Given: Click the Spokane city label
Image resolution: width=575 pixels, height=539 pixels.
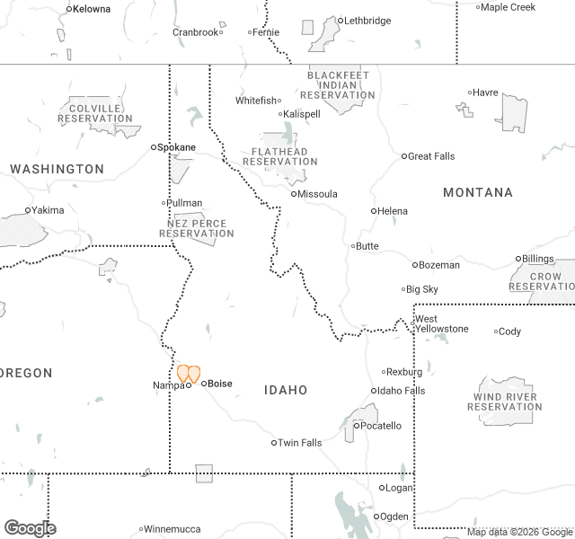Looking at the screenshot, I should [x=177, y=146].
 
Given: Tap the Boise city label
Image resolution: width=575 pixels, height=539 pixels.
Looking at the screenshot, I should [x=219, y=384].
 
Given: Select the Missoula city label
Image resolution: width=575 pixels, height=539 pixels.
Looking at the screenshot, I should [x=318, y=194].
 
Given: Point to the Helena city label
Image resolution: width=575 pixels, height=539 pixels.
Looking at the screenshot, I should [x=393, y=211].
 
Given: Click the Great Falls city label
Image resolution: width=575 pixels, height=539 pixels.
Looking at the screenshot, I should [x=431, y=156].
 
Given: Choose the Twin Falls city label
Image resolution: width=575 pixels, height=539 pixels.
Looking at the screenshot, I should [x=299, y=443].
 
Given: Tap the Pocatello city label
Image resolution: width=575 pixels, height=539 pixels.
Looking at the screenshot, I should [x=381, y=426].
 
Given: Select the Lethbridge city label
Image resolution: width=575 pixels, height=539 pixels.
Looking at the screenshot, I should [x=367, y=21].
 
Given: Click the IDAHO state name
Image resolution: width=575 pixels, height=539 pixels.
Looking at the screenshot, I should [x=286, y=390].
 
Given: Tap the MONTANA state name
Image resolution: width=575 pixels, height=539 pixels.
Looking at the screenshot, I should [x=478, y=192].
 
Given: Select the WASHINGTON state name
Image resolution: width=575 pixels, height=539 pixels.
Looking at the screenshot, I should [x=57, y=169].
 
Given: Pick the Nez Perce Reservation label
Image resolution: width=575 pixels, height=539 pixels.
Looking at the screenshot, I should [x=197, y=228].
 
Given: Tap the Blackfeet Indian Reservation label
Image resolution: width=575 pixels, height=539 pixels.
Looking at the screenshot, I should [x=338, y=84].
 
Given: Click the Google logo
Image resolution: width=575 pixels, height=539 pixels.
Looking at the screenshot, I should [x=30, y=528].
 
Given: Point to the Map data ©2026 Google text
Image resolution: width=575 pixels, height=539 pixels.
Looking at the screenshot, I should [x=518, y=532].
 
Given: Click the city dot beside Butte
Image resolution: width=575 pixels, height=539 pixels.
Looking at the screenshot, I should [x=353, y=245].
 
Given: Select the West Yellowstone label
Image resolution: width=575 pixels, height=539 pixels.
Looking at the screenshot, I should [x=440, y=323].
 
